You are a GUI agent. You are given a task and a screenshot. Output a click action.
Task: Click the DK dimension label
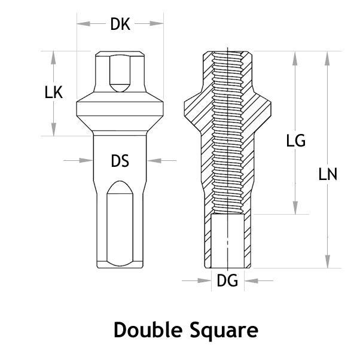click(x=120, y=25)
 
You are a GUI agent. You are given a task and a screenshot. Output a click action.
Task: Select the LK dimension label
click(x=54, y=93)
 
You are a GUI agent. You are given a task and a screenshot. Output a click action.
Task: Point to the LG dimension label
click(x=295, y=141)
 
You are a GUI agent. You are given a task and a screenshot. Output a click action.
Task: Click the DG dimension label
click(x=227, y=280)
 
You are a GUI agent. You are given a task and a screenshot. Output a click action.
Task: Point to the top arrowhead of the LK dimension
click(x=54, y=57)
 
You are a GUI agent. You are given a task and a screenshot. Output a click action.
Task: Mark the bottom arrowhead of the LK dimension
click(x=54, y=129)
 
